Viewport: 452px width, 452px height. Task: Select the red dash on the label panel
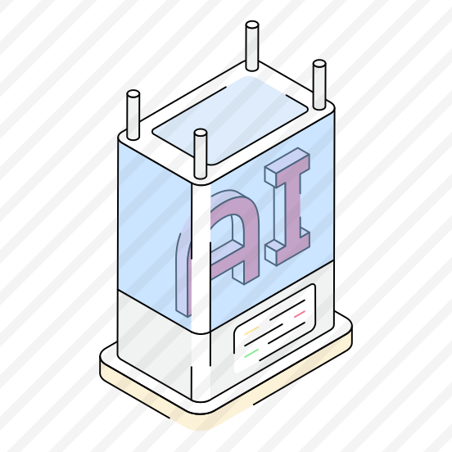pyautogui.click(x=300, y=314)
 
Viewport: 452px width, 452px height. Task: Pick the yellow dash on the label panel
pyautogui.click(x=251, y=331)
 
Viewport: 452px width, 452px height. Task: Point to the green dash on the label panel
pyautogui.click(x=251, y=353)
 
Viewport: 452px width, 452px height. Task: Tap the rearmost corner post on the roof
pyautogui.click(x=252, y=46)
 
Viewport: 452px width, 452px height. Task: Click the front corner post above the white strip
pyautogui.click(x=201, y=154)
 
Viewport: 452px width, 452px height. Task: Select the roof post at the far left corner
pyautogui.click(x=133, y=115)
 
